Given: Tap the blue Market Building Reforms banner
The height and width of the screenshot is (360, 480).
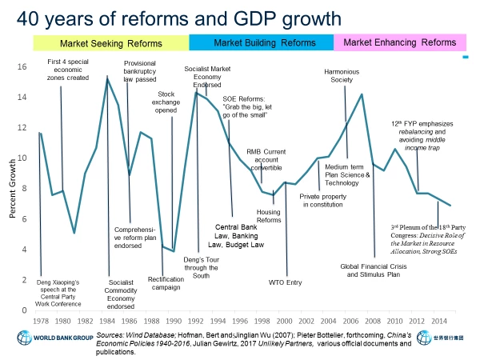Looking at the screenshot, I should click(x=261, y=42).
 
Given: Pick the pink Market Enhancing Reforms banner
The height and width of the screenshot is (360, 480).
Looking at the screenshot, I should click(x=406, y=42).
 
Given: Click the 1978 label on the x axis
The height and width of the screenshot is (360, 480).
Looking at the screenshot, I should click(x=39, y=322).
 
